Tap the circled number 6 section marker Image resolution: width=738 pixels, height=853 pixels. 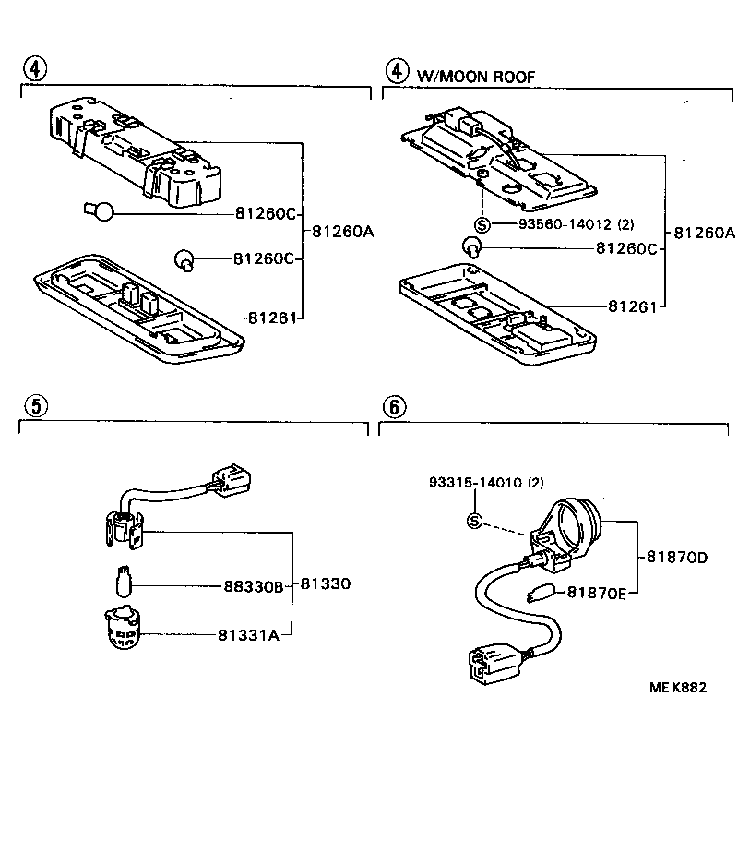[393, 406]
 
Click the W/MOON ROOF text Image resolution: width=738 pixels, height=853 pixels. [476, 76]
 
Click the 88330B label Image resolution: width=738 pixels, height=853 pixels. [254, 585]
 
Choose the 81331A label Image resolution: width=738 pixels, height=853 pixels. [248, 634]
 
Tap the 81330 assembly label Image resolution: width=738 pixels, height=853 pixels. [325, 585]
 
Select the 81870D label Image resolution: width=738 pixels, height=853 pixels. [676, 557]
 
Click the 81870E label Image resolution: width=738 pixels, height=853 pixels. [596, 592]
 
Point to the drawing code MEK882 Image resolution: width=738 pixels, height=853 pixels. [678, 687]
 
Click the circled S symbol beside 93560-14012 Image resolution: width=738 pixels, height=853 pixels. [482, 224]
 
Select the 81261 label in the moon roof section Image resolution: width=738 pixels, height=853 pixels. [631, 306]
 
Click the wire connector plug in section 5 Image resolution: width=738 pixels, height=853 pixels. [230, 478]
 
